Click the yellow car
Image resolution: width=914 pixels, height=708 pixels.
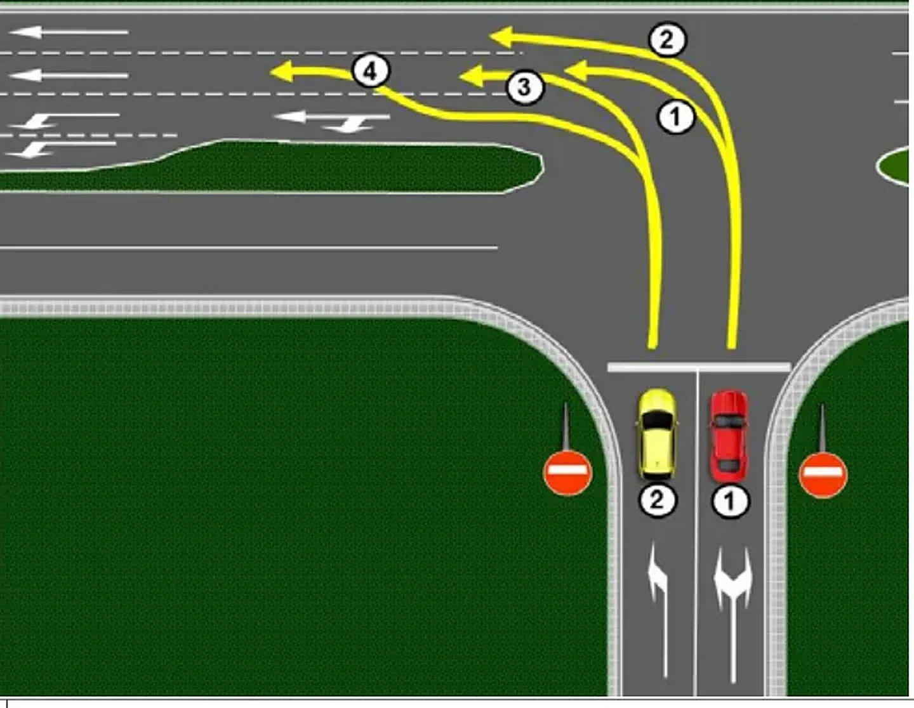point(656,435)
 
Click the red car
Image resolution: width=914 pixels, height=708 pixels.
point(729,436)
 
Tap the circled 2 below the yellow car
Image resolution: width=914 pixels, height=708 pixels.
point(658,501)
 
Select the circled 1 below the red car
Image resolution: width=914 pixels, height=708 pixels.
point(730,502)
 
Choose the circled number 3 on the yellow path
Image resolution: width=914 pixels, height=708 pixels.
point(524,88)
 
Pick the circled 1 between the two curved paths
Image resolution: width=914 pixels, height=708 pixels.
point(675,117)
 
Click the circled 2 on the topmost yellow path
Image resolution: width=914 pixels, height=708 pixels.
point(667,40)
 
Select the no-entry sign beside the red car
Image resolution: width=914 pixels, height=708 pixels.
point(823,475)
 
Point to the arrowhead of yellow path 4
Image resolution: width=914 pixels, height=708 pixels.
point(282,72)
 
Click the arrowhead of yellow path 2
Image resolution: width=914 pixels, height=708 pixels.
point(502,37)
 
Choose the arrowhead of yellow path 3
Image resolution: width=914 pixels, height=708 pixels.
point(472,77)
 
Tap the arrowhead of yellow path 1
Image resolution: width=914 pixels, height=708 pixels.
point(576,70)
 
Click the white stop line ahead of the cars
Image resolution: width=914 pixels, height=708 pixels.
point(699,368)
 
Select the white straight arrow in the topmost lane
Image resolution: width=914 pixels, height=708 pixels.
point(68,32)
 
